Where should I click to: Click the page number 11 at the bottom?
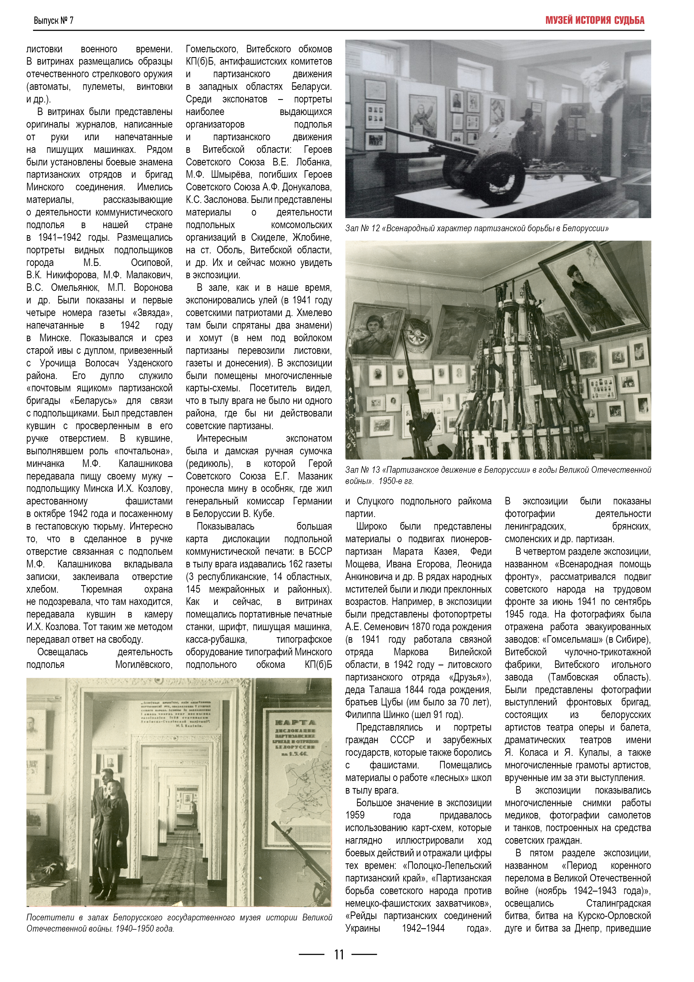(339, 954)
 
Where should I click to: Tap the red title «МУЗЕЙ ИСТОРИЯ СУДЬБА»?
(594, 20)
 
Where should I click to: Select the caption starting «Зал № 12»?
(477, 228)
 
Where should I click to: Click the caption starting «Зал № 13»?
(498, 475)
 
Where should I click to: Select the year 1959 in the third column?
(355, 815)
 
